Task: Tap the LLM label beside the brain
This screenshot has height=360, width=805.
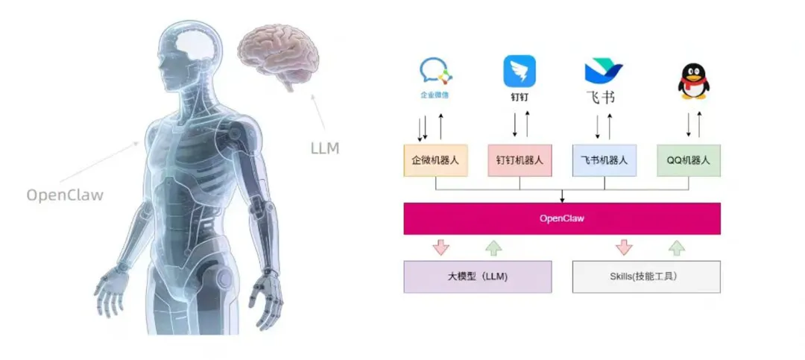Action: coord(324,148)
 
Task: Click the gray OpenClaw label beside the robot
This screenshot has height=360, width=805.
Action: coord(65,195)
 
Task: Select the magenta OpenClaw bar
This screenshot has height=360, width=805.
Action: coord(562,218)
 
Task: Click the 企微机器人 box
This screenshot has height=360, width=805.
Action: coord(435,160)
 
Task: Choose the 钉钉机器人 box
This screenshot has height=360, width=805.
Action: coord(520,160)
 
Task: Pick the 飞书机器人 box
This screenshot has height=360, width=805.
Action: coord(604,160)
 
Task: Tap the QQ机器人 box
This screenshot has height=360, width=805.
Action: coord(689,160)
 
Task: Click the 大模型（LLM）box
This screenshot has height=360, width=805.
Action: coord(478,277)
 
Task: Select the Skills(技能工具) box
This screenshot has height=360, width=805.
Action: coord(646,277)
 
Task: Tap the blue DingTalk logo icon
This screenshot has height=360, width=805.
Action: coord(520,72)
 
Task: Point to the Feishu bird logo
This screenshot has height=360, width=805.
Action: coord(603,72)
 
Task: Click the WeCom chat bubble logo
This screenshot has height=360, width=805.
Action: coord(435,70)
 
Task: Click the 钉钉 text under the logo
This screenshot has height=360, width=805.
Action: coord(520,98)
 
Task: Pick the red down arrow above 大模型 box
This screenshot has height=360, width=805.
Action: coord(441,247)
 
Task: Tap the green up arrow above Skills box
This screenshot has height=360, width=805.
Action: coord(677,247)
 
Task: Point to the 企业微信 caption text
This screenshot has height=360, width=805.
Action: coord(435,95)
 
